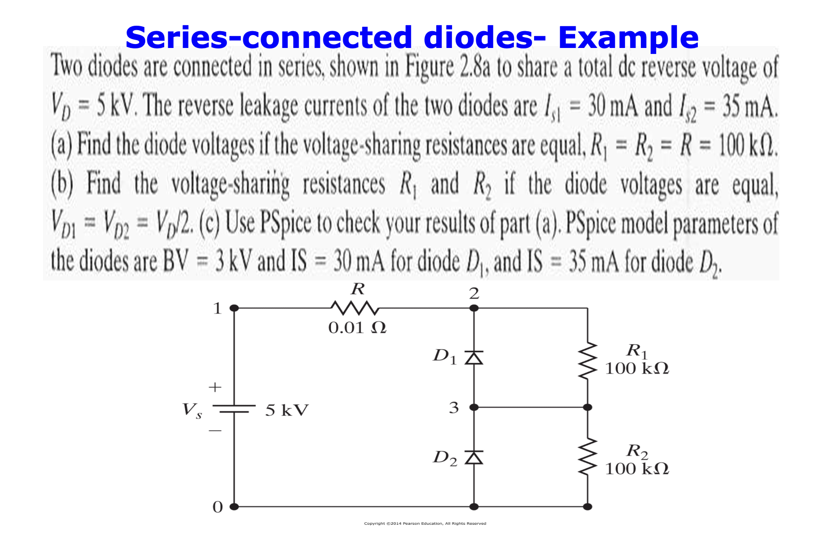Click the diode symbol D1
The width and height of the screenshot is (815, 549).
pos(474,357)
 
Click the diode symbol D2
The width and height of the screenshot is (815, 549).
pos(474,457)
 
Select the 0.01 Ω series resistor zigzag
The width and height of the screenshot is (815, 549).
pos(355,308)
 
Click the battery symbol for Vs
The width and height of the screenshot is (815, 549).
pos(234,409)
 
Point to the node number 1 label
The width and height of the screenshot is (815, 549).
pos(217,309)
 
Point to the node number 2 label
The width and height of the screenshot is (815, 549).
pos(474,294)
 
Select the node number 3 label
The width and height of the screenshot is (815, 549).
pos(453,408)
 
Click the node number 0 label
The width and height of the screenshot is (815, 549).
pos(217,507)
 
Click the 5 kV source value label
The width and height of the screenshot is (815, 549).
pos(287,410)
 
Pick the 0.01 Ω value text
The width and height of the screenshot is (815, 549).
pos(357,327)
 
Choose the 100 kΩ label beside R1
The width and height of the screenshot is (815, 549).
pos(637,368)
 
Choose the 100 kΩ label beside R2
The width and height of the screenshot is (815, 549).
pos(637,468)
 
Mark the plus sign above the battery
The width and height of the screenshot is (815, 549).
pos(215,387)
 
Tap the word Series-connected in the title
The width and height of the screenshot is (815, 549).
pos(269,38)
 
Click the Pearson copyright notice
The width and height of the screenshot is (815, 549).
pos(425,523)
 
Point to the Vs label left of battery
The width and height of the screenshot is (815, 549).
pos(192,410)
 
